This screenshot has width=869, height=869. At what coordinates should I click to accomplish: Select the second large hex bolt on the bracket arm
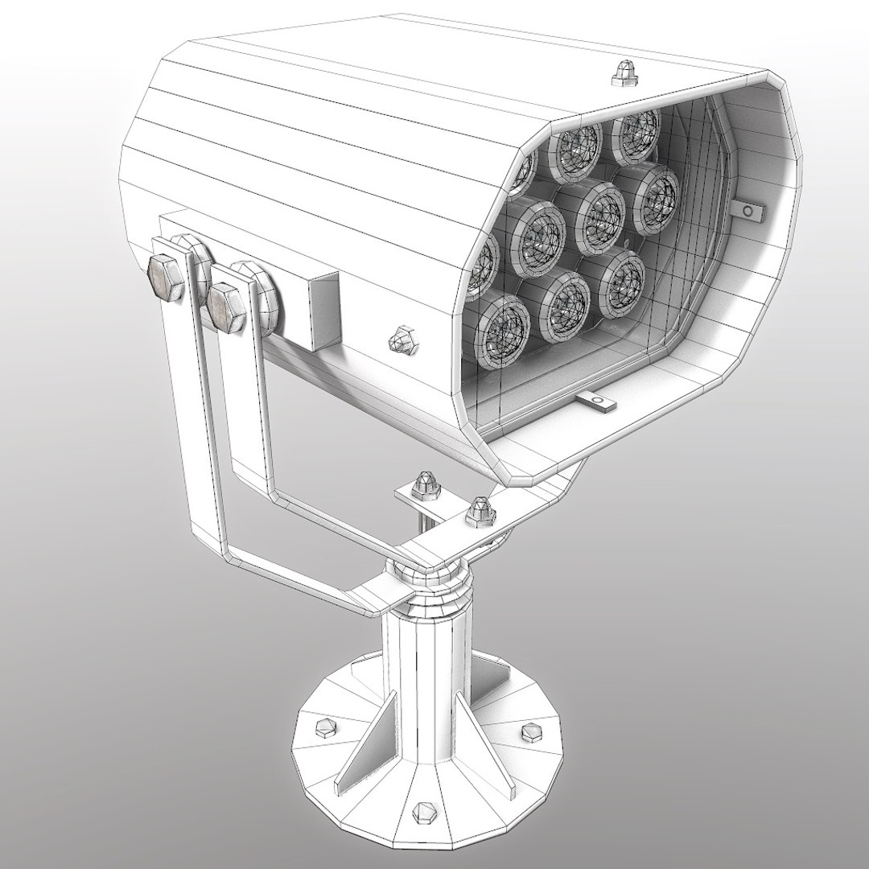click(x=226, y=305)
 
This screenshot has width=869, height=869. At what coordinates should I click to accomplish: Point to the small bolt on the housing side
click(x=402, y=341)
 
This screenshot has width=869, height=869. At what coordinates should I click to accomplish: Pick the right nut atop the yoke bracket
click(x=480, y=510)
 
